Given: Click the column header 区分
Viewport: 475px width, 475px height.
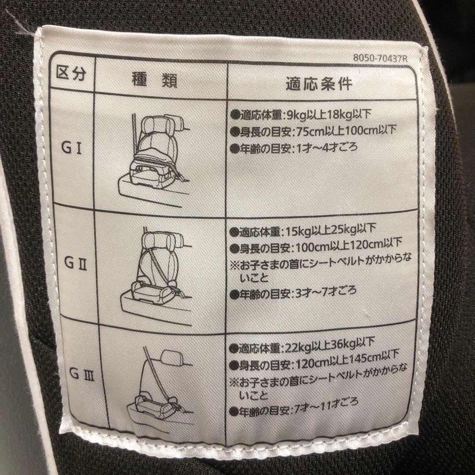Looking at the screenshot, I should click(69, 73).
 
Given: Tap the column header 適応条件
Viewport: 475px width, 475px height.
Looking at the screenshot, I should click(319, 83).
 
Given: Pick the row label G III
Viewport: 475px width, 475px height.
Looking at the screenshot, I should click(76, 376).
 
